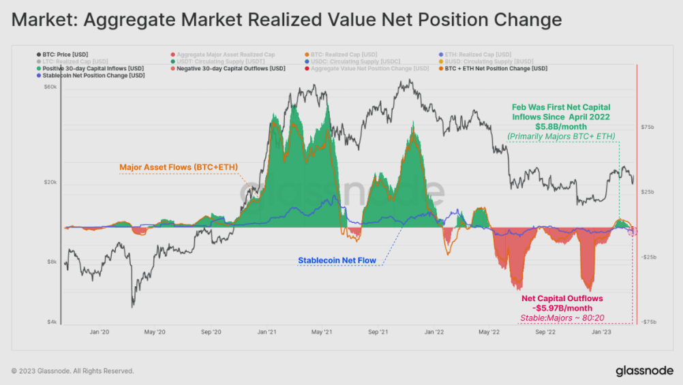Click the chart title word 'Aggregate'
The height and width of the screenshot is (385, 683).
[132, 20]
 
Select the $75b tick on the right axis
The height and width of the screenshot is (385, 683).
[648, 127]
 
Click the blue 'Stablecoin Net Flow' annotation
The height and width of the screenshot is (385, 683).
[337, 260]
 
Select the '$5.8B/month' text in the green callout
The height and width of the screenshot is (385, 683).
[561, 126]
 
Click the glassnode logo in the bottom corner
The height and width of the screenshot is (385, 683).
[644, 371]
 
